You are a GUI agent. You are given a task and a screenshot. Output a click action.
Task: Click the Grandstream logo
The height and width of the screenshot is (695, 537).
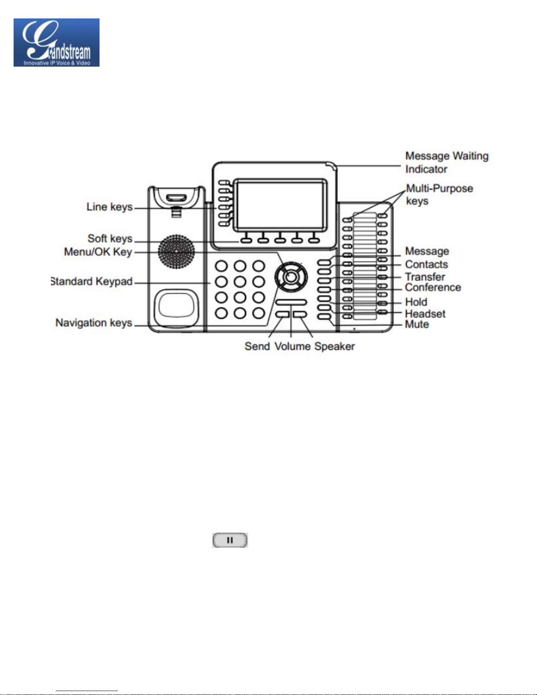[x=57, y=43]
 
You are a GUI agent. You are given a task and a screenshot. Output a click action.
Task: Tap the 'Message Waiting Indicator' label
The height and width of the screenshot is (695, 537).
[x=447, y=163]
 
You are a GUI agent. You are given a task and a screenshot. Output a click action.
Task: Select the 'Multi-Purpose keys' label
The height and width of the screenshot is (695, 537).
[x=440, y=194]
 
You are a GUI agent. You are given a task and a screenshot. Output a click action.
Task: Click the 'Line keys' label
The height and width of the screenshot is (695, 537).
[x=110, y=207]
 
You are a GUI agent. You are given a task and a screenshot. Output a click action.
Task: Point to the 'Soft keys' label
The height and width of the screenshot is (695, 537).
[x=110, y=239]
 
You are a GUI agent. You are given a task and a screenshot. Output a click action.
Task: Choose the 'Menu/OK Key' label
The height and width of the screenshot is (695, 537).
[x=98, y=252]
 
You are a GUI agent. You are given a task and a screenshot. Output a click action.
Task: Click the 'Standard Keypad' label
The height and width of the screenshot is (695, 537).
[x=92, y=282]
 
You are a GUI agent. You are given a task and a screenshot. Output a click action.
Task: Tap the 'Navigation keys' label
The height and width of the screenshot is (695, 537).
[x=94, y=323]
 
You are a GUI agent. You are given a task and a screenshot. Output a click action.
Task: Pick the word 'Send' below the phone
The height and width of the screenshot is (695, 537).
[x=257, y=346]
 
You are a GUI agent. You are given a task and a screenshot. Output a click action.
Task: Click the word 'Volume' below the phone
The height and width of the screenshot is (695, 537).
[x=292, y=346]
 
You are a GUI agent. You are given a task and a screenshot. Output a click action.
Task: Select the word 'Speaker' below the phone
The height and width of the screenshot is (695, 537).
[x=334, y=346]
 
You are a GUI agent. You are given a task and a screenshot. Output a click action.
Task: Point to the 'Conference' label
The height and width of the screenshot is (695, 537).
[x=433, y=287]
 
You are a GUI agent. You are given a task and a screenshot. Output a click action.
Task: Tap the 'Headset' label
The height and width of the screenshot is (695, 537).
[x=425, y=314]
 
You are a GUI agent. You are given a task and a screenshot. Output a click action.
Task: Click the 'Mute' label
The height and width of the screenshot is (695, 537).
[x=417, y=324]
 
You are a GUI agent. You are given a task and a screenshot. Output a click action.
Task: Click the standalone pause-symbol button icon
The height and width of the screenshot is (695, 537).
[x=230, y=540]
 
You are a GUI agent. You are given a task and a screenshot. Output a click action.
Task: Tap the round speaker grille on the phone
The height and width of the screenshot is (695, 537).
[x=176, y=252]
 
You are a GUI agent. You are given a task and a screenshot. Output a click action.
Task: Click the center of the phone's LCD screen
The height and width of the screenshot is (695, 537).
[x=280, y=205]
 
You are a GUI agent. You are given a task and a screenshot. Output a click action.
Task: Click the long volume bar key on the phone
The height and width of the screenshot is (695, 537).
[x=291, y=302]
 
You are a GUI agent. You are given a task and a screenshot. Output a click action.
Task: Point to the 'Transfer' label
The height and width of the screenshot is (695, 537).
[x=425, y=277]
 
